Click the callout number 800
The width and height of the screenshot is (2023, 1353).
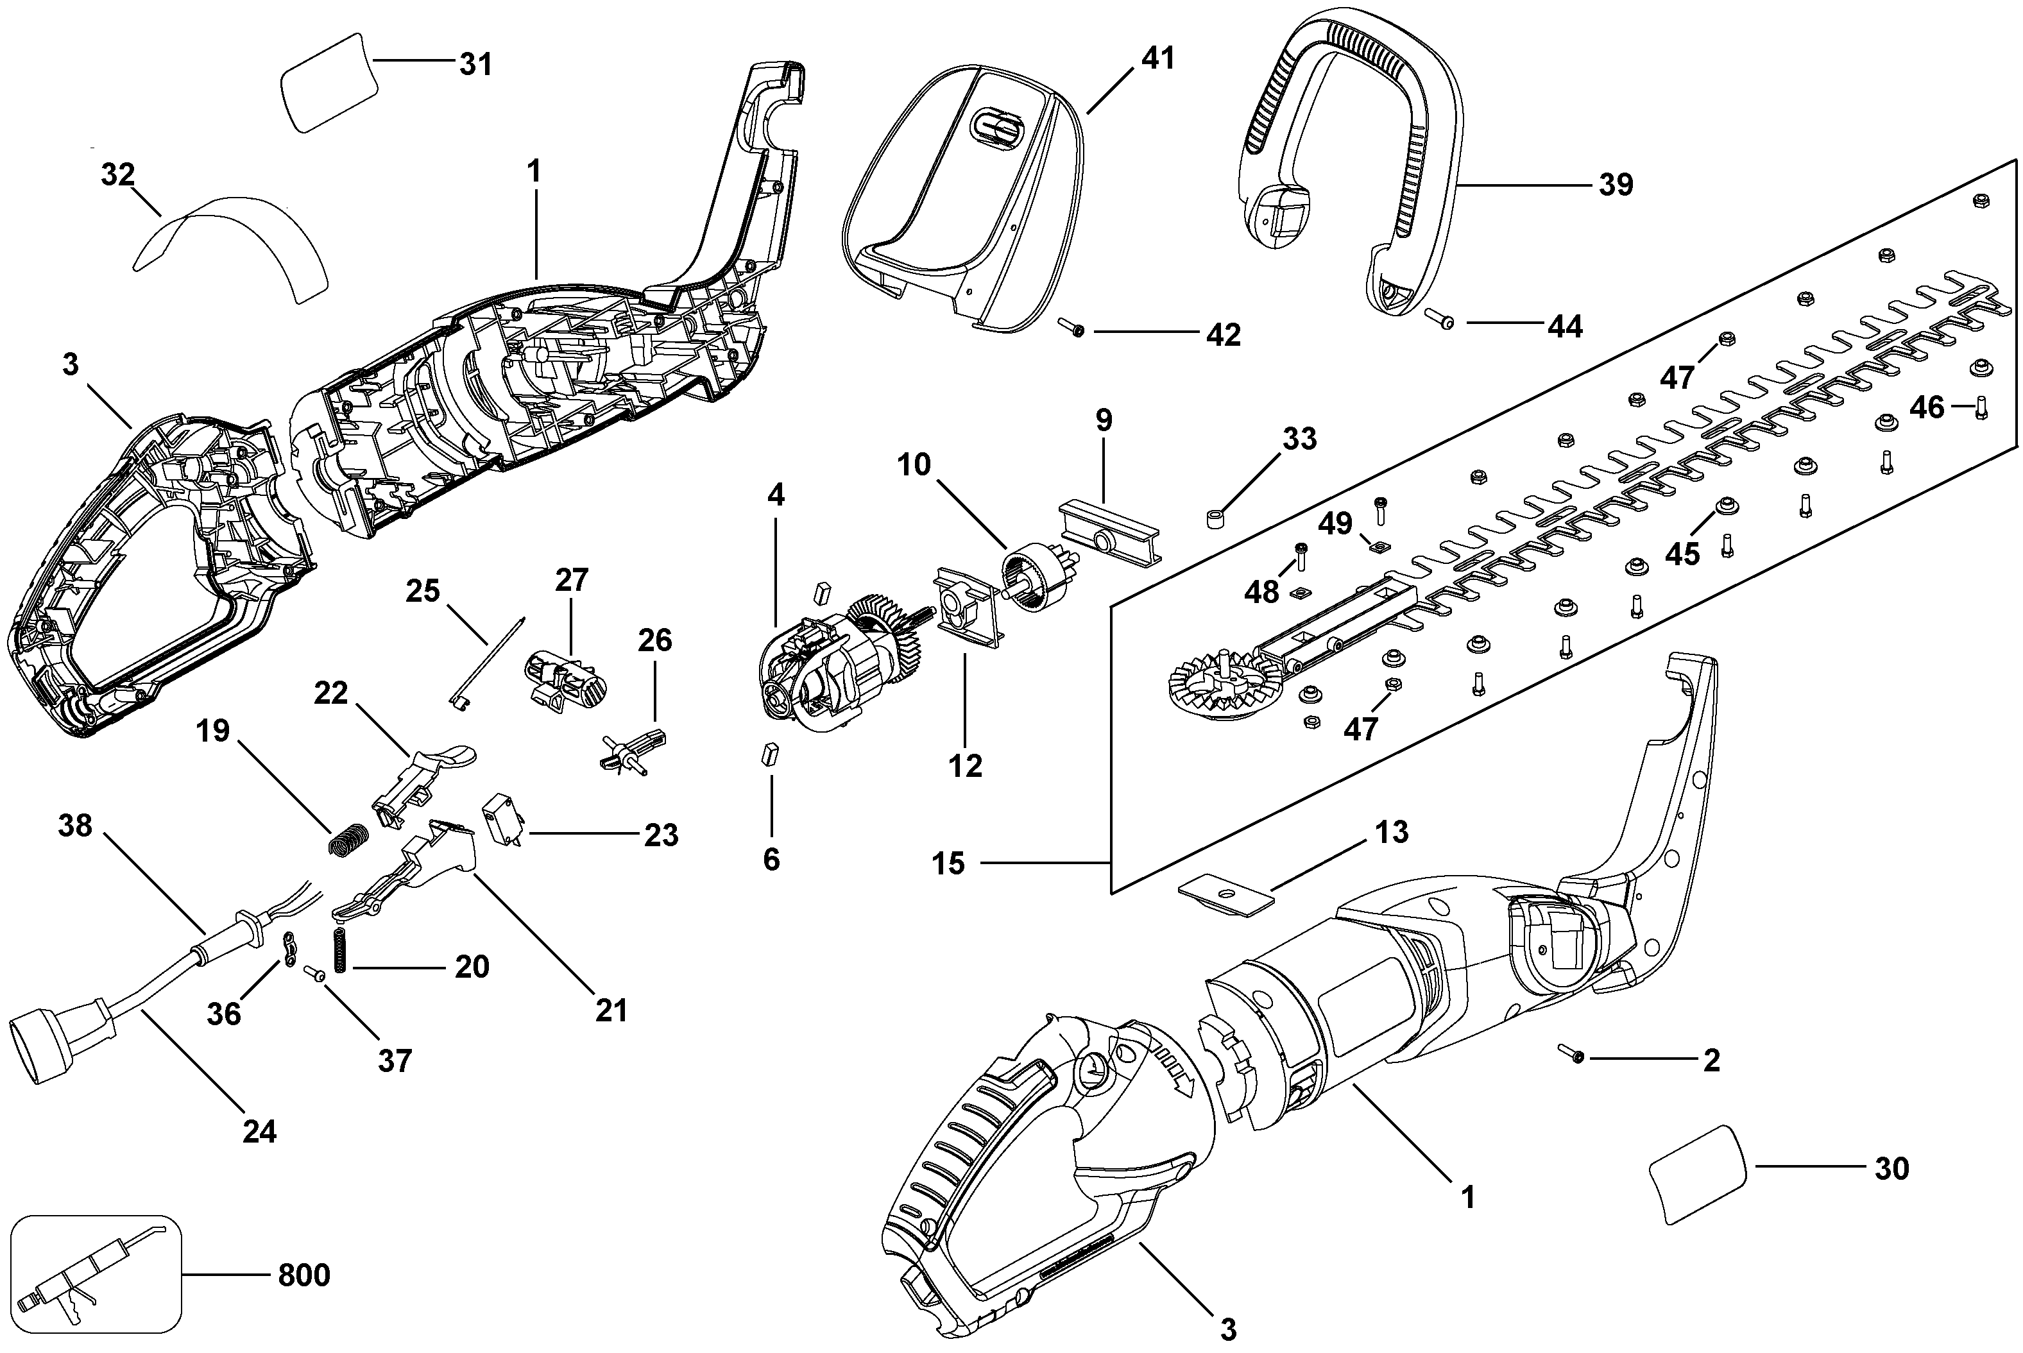(x=303, y=1275)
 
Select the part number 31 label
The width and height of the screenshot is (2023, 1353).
(x=475, y=64)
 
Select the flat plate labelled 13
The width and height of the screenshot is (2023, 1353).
(x=1226, y=894)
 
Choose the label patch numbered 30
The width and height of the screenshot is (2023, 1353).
(x=1698, y=1175)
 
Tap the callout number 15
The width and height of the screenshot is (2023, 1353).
(x=948, y=863)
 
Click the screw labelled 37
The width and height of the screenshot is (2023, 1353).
(x=315, y=974)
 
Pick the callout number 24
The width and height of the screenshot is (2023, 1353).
(x=259, y=1131)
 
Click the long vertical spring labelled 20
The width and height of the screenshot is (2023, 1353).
(x=339, y=950)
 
